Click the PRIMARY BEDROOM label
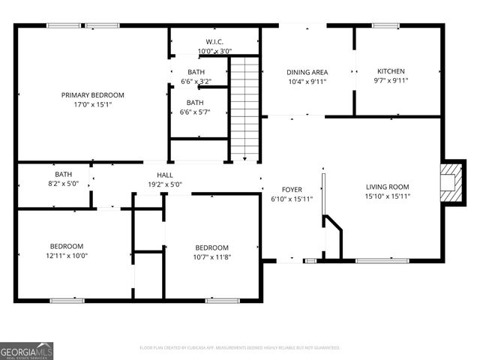(x=92, y=95)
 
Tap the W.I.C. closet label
(x=214, y=41)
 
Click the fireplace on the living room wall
(x=451, y=182)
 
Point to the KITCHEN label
(x=391, y=71)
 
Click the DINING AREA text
(x=307, y=72)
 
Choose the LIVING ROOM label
(x=388, y=187)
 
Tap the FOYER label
(x=292, y=189)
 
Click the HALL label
(x=165, y=174)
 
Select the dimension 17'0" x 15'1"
(x=92, y=105)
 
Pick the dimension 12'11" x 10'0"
(x=67, y=256)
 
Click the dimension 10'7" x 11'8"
(x=211, y=257)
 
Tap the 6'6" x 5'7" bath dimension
(x=195, y=112)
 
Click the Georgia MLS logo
(x=27, y=350)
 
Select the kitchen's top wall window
(x=385, y=26)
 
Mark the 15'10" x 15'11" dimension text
(x=388, y=196)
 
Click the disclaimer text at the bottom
(x=240, y=348)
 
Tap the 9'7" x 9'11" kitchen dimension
(x=391, y=81)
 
